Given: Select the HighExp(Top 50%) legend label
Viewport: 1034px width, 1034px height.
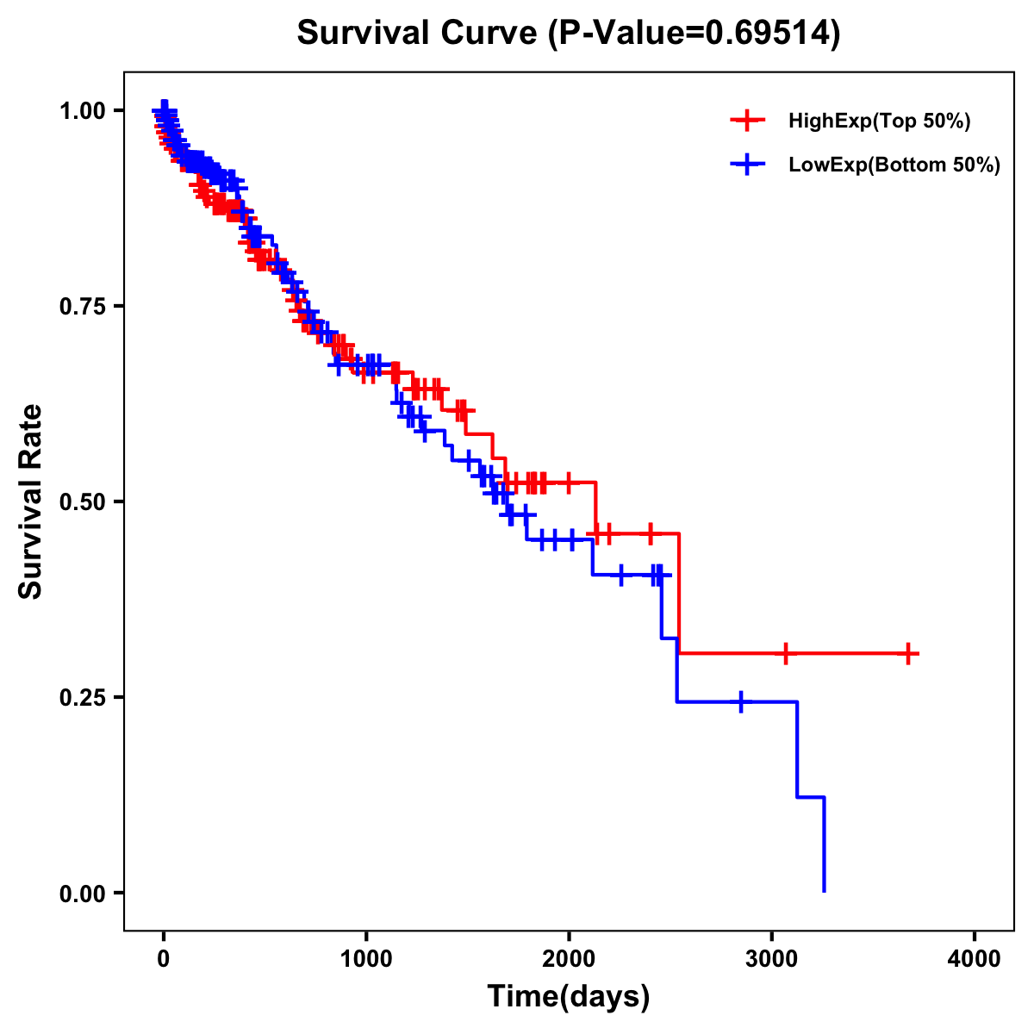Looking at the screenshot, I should (x=880, y=121).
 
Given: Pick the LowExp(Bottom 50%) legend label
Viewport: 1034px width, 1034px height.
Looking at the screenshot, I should (x=894, y=165).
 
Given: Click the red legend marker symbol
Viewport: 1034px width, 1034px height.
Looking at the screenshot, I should (x=747, y=121).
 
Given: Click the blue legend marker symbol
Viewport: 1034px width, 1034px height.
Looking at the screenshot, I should (x=747, y=165).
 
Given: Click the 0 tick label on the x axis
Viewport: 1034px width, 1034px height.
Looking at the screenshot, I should (x=164, y=959).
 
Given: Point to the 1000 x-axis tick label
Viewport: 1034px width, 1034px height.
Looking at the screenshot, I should (x=366, y=959).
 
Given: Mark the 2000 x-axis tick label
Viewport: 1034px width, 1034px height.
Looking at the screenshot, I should (x=569, y=959).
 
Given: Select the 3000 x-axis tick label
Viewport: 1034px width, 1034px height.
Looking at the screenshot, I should (x=772, y=959).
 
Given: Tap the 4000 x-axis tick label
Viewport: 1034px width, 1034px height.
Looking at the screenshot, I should (x=975, y=959).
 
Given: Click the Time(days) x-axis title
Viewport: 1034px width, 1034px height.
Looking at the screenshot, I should (x=569, y=997).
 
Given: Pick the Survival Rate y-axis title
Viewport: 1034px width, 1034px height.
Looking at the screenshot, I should (x=31, y=501).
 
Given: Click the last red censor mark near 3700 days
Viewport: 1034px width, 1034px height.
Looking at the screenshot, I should (x=907, y=654).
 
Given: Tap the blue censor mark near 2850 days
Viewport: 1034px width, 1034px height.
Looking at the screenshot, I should (x=740, y=702).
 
